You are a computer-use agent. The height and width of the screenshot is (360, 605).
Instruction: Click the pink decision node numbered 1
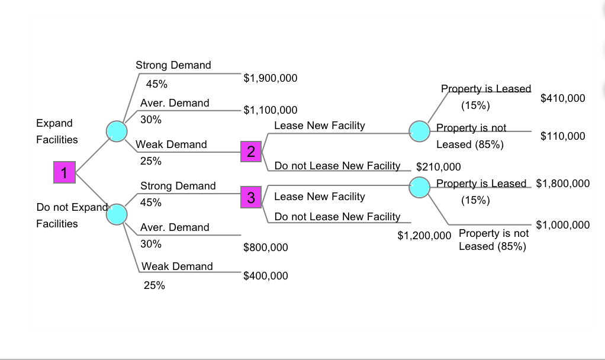(x=64, y=172)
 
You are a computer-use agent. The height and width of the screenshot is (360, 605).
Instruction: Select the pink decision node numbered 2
(x=251, y=152)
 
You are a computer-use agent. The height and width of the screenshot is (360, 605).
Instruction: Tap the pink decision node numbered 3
(x=251, y=197)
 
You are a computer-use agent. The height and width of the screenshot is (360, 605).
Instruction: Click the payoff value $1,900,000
(x=271, y=78)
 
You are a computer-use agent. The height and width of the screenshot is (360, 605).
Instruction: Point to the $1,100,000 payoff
(x=271, y=110)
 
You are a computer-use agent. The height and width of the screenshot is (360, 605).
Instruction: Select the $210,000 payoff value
(x=439, y=167)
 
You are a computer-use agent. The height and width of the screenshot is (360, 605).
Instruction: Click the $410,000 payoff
(x=563, y=98)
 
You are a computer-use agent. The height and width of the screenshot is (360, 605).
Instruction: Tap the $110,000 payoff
(x=563, y=136)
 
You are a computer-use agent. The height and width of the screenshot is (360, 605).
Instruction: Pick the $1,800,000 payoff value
(x=563, y=184)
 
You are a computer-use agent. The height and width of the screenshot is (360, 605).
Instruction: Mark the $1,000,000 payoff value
(x=563, y=225)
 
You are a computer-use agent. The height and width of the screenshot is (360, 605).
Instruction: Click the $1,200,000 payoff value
(x=424, y=236)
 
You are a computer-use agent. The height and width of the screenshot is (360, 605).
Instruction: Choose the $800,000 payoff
(x=266, y=247)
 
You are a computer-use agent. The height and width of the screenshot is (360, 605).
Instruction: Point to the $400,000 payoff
(x=266, y=276)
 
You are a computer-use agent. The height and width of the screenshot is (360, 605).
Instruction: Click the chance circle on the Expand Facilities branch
(x=116, y=131)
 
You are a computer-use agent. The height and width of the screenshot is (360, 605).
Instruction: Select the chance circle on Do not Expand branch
(x=116, y=214)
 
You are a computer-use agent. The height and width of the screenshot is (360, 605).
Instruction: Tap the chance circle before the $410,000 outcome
(x=420, y=131)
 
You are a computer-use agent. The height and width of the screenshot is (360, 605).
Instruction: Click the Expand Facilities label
(x=57, y=131)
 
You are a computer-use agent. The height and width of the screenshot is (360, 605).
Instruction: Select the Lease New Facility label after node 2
(x=320, y=126)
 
